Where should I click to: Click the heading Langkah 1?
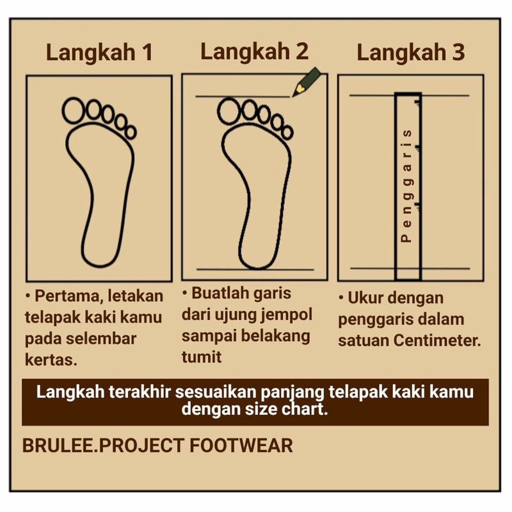coord(99,53)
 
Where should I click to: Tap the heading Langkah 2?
coord(254,51)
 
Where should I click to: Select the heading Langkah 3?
coord(412,53)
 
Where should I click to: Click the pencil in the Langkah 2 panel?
coord(305,82)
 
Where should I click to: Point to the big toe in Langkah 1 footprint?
coord(74,109)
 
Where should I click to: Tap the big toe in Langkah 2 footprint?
coord(228,111)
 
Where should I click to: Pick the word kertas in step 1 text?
coord(51,359)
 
